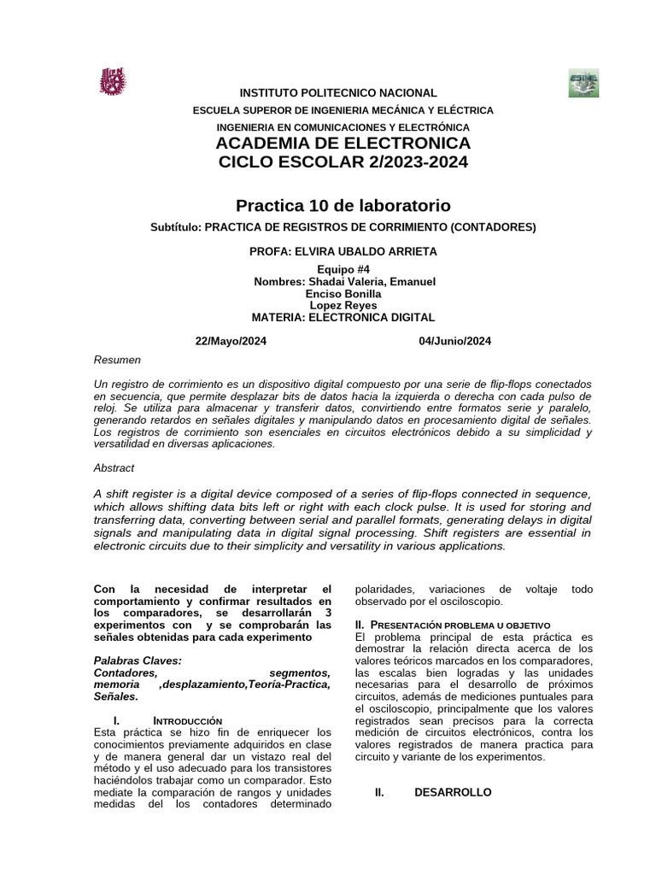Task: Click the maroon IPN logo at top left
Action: (113, 82)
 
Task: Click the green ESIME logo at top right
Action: (583, 84)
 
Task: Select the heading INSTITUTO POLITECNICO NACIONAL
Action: (337, 93)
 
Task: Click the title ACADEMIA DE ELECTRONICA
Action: (343, 143)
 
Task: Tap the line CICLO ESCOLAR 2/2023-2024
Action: (343, 162)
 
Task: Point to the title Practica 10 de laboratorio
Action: (343, 206)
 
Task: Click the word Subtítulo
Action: (175, 227)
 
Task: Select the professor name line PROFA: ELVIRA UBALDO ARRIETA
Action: (343, 251)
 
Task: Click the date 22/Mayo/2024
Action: (231, 341)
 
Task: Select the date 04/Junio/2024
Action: (454, 341)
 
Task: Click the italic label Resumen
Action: (117, 360)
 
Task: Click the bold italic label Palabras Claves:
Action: (138, 661)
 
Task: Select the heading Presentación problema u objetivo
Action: (458, 625)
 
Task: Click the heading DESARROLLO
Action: (453, 793)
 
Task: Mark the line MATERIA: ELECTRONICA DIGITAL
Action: (343, 318)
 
